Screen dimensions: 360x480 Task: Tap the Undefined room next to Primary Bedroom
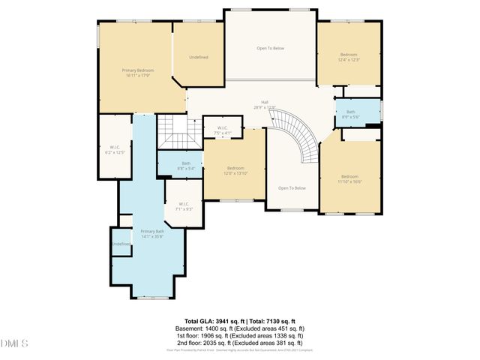pyautogui.click(x=199, y=57)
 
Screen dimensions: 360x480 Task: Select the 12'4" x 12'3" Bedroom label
pyautogui.click(x=349, y=57)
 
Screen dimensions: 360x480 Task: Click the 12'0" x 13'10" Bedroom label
pyautogui.click(x=235, y=170)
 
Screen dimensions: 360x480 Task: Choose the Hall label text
pyautogui.click(x=265, y=102)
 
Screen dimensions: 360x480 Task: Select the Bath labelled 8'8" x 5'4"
pyautogui.click(x=186, y=165)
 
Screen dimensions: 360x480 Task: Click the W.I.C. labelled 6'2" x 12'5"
pyautogui.click(x=115, y=149)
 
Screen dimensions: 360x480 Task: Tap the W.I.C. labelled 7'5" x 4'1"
pyautogui.click(x=223, y=130)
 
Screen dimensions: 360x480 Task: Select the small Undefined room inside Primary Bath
pyautogui.click(x=121, y=244)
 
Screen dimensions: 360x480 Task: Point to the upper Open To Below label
pyautogui.click(x=270, y=48)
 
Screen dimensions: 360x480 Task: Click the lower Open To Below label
pyautogui.click(x=292, y=187)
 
